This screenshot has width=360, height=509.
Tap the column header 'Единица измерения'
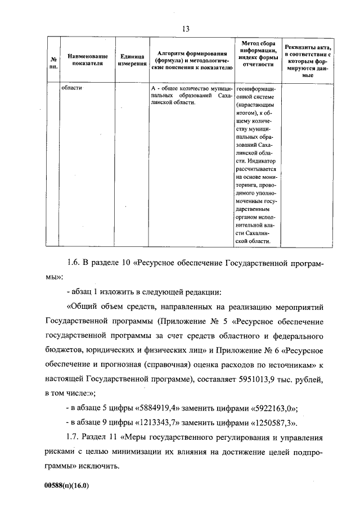132,60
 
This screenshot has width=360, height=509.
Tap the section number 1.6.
75,263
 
